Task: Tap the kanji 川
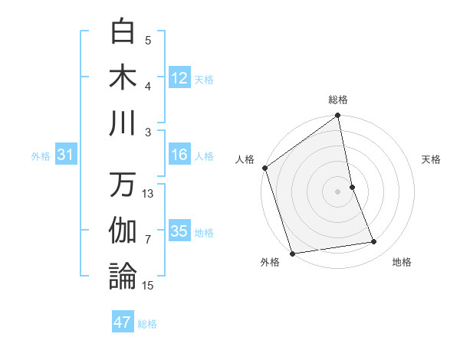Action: [123, 123]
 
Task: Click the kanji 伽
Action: [123, 231]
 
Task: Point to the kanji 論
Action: [123, 276]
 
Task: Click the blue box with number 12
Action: [179, 78]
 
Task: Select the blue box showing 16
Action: [179, 155]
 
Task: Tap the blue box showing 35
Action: [179, 231]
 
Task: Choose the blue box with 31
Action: [66, 155]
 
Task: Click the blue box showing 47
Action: [123, 322]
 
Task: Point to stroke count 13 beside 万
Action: [148, 194]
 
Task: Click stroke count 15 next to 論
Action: [148, 285]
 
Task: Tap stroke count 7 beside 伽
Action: [148, 240]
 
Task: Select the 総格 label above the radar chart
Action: [338, 100]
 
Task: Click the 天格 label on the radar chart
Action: [432, 160]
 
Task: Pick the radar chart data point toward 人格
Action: [264, 168]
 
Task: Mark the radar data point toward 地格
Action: [374, 242]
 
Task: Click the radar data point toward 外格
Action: [292, 253]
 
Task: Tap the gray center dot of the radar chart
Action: [338, 191]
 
